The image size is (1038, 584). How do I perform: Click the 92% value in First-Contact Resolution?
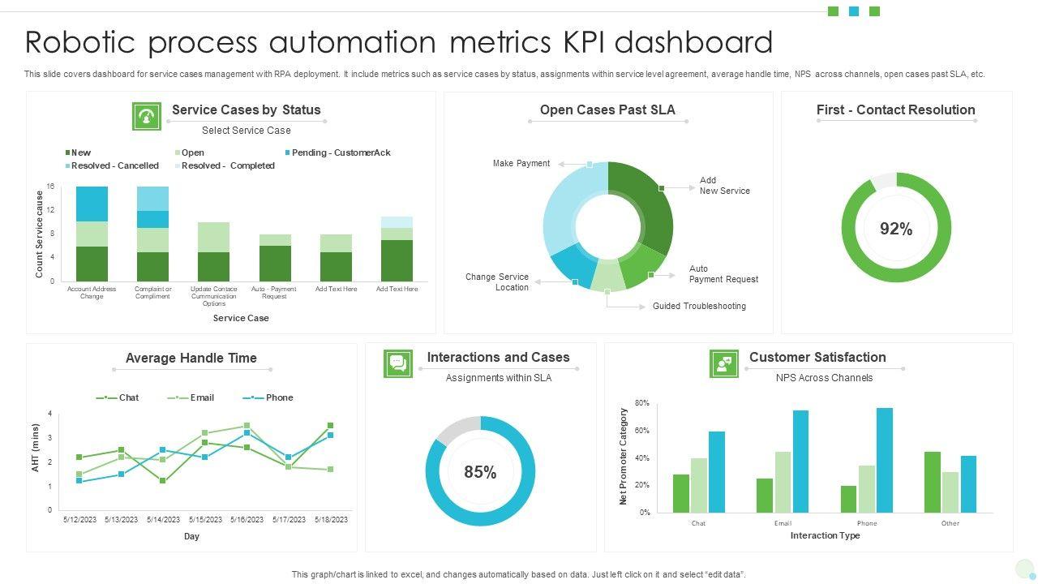896,229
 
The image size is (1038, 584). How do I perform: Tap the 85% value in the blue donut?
480,472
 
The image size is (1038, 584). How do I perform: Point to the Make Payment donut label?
521,163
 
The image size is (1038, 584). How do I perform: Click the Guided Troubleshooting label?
699,306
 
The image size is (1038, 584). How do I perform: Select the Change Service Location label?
497,282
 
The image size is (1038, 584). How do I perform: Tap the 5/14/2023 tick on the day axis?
164,520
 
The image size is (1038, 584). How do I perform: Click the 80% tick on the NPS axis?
641,403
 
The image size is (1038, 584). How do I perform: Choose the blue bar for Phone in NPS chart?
884,460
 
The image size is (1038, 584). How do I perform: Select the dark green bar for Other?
932,482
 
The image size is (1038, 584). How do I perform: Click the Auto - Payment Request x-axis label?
274,292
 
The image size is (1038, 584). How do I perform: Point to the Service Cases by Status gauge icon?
147,116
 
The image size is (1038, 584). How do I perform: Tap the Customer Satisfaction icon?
723,364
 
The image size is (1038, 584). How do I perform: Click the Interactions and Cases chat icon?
398,363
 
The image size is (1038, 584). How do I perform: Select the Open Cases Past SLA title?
607,109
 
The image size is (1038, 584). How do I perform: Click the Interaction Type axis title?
825,535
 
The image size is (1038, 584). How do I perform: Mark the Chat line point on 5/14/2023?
163,481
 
